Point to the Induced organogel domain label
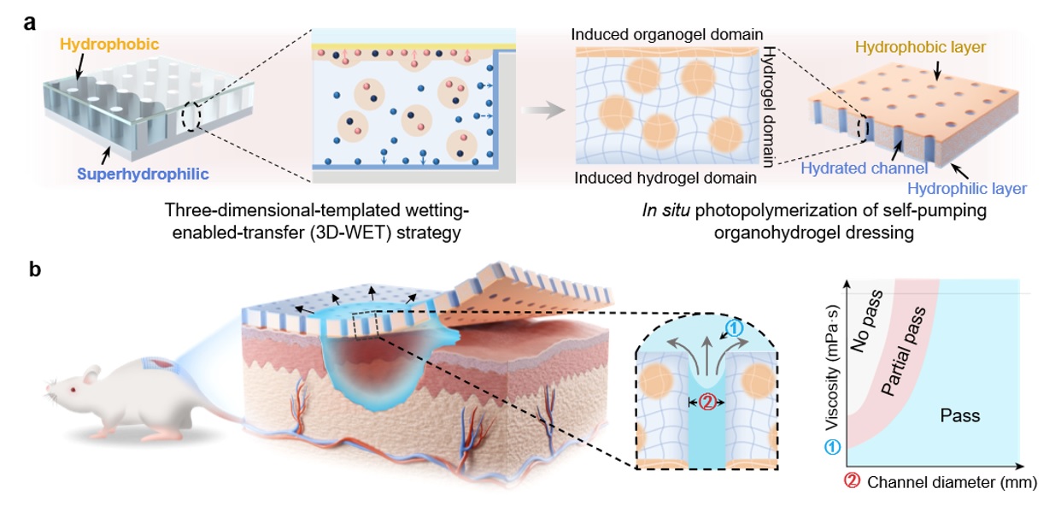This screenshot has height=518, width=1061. (x=667, y=35)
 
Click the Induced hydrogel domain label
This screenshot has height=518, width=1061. (x=665, y=179)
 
